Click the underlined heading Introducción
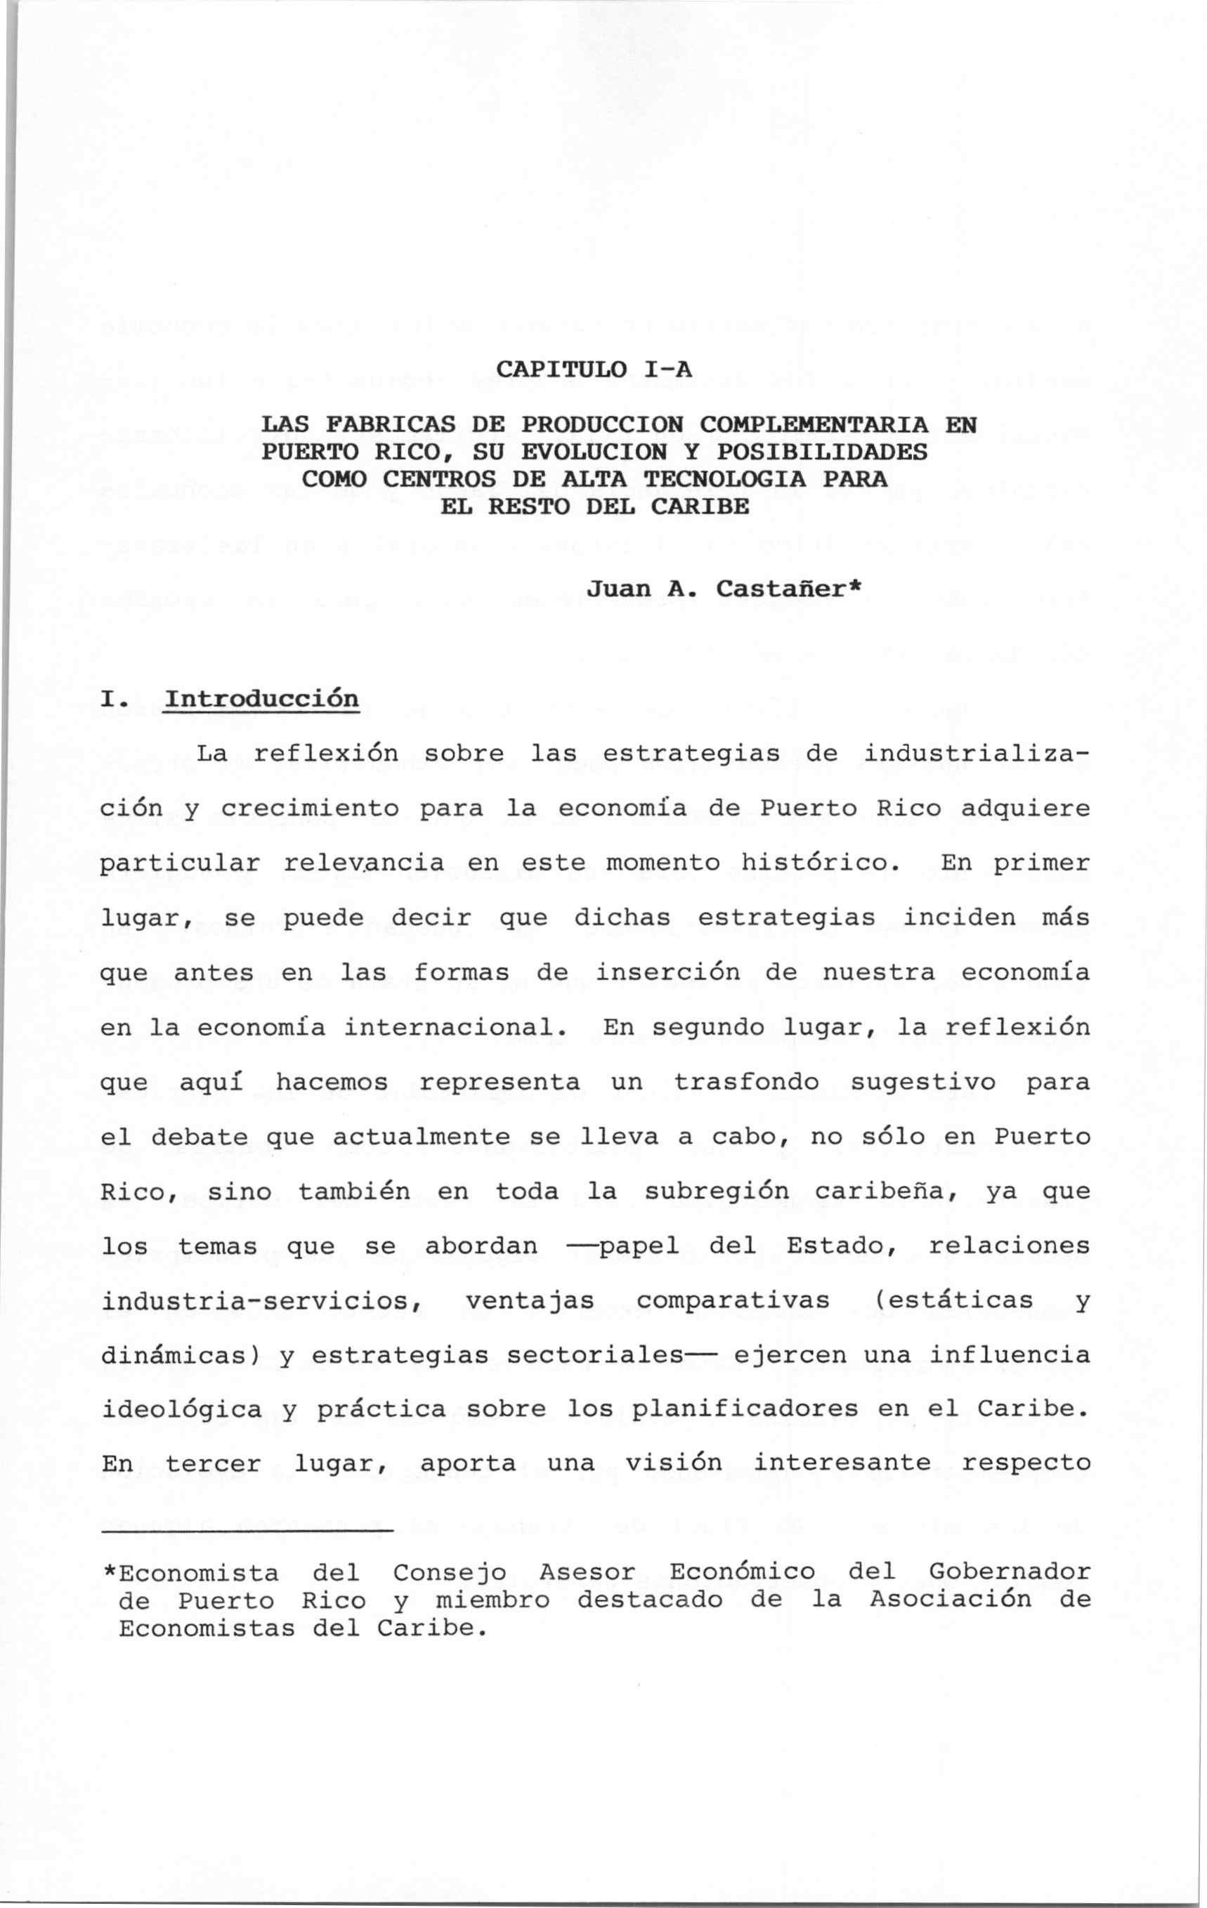pyautogui.click(x=261, y=700)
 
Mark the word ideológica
pyautogui.click(x=181, y=1410)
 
